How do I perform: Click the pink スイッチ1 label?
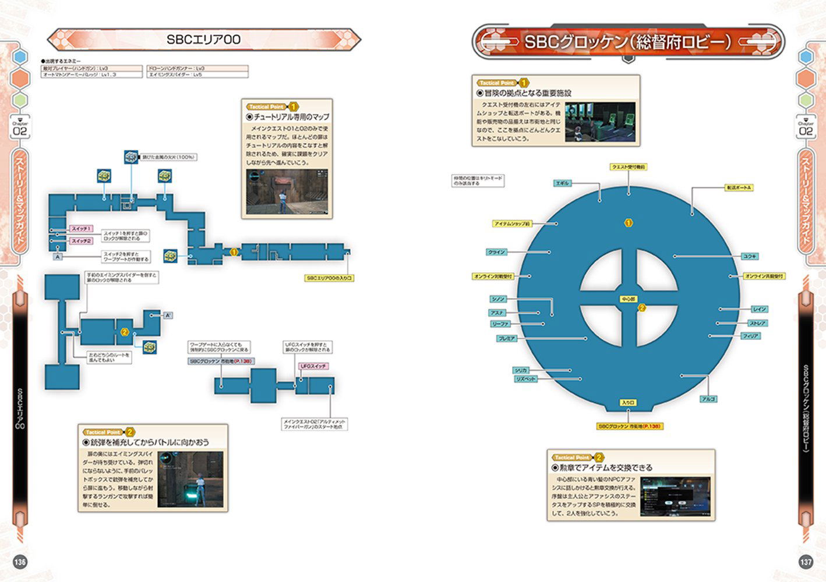coord(81,229)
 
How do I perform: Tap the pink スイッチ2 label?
coord(81,241)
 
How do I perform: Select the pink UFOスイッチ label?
coord(313,366)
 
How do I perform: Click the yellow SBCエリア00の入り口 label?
coord(329,278)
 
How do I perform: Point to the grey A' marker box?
coord(168,315)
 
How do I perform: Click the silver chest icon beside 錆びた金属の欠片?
coord(131,157)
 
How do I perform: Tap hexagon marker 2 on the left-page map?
coord(124,332)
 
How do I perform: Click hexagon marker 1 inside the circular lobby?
coord(628,223)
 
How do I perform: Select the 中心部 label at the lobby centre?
coord(628,299)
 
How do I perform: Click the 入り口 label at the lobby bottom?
coord(627,403)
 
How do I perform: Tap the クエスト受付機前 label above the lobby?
coord(628,167)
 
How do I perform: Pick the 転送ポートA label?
coord(739,187)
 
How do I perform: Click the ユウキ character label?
coord(750,256)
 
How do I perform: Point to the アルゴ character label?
coord(708,399)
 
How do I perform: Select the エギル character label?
coord(563,183)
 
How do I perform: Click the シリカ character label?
coord(521,370)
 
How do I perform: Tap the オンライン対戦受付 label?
coord(493,276)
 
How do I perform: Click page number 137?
coord(805,562)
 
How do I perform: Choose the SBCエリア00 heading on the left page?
coord(204,40)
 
